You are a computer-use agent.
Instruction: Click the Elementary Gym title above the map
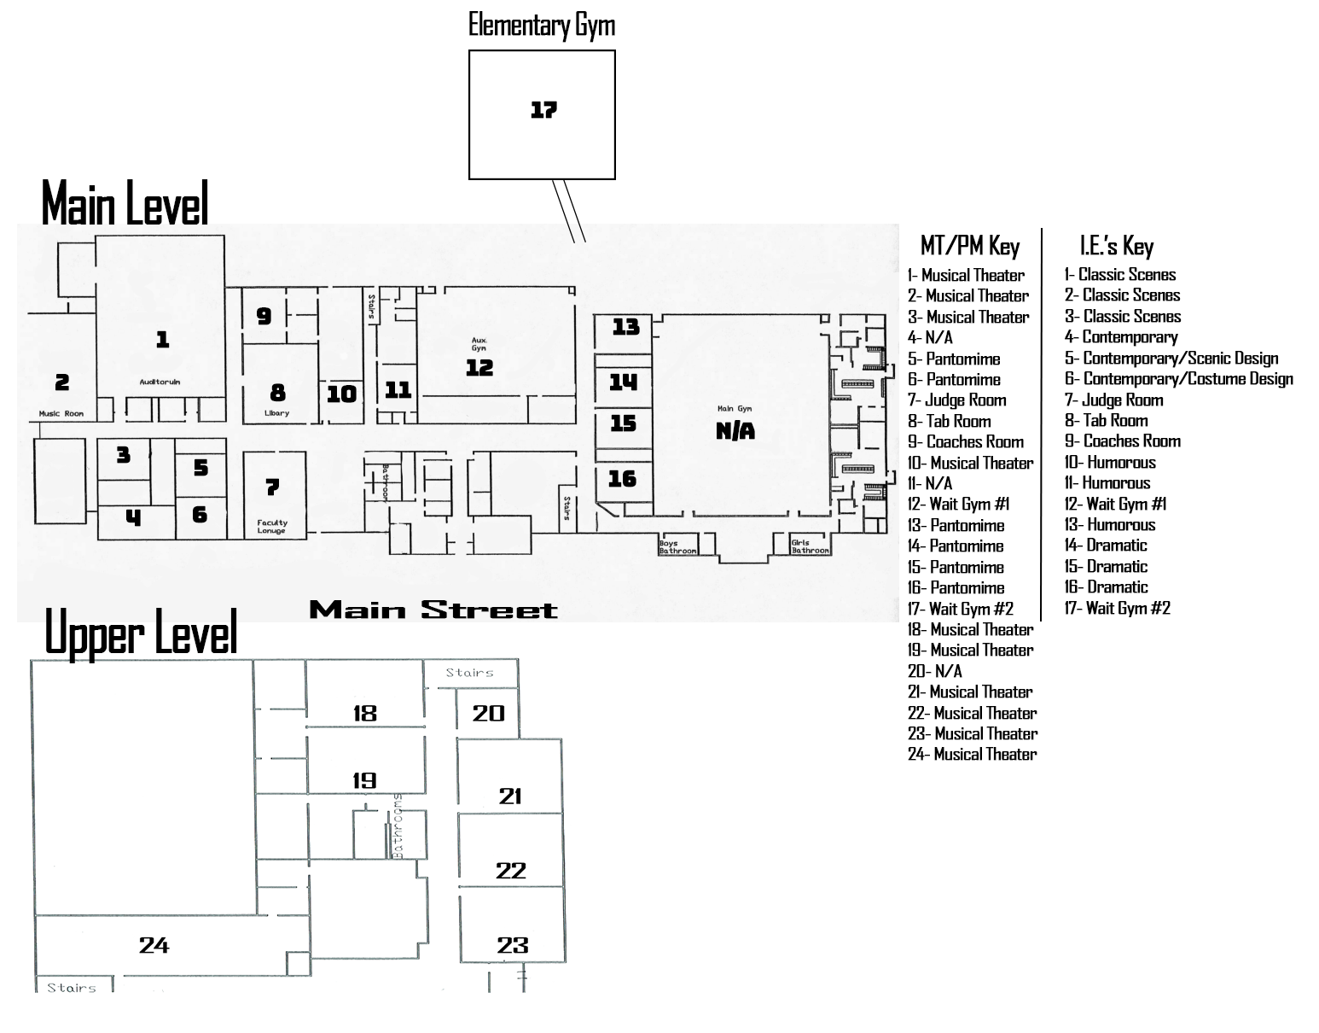pos(542,25)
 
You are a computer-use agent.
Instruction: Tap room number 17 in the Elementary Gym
pos(543,110)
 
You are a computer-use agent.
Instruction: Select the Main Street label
pos(433,610)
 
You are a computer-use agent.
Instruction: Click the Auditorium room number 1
pos(162,340)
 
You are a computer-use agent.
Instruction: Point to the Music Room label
pos(61,414)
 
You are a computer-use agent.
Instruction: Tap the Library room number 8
pos(277,393)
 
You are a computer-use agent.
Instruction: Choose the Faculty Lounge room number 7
pos(272,487)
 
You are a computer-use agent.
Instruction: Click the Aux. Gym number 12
pos(479,367)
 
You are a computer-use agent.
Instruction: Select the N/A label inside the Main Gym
pos(735,431)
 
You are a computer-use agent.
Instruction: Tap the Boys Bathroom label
pos(677,546)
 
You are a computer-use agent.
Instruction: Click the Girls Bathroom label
pos(810,546)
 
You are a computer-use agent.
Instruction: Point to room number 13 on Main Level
pos(625,326)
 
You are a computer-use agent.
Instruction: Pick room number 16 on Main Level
pos(622,478)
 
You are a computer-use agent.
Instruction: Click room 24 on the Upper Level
pos(154,945)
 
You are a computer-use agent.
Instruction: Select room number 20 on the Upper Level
pos(488,713)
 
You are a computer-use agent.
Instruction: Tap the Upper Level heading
pos(140,633)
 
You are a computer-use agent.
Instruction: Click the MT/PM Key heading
pos(970,247)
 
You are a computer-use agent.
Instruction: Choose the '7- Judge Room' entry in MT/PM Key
pos(956,400)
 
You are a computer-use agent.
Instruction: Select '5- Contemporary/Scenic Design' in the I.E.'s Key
pos(1171,359)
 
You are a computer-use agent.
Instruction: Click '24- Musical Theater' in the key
pos(972,755)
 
